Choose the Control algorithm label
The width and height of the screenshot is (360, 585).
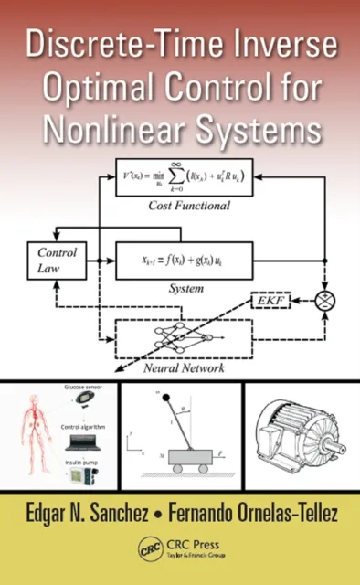coord(84,427)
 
